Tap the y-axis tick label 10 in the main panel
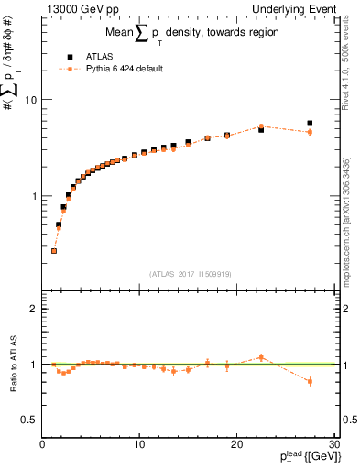30,100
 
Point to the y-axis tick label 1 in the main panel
34,196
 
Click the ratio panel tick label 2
34,309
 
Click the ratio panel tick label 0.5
28,420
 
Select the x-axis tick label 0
42,445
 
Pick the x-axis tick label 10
139,445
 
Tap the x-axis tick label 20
236,445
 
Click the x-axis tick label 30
333,445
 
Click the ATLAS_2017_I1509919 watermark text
189,273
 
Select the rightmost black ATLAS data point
310,123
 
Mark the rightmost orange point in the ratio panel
310,381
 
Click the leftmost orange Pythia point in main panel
54,251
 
